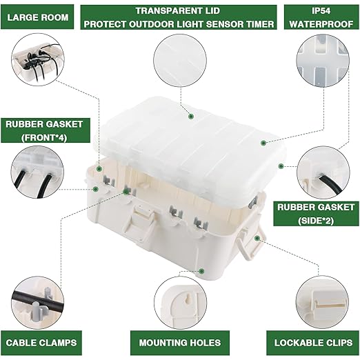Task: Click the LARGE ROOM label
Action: pos(39,18)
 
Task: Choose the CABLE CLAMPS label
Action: pos(41,342)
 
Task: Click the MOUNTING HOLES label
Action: pos(181,342)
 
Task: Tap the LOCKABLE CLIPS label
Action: pos(314,342)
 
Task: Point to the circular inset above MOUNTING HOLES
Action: pos(181,303)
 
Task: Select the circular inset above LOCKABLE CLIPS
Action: pos(322,302)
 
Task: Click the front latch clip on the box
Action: pos(143,222)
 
